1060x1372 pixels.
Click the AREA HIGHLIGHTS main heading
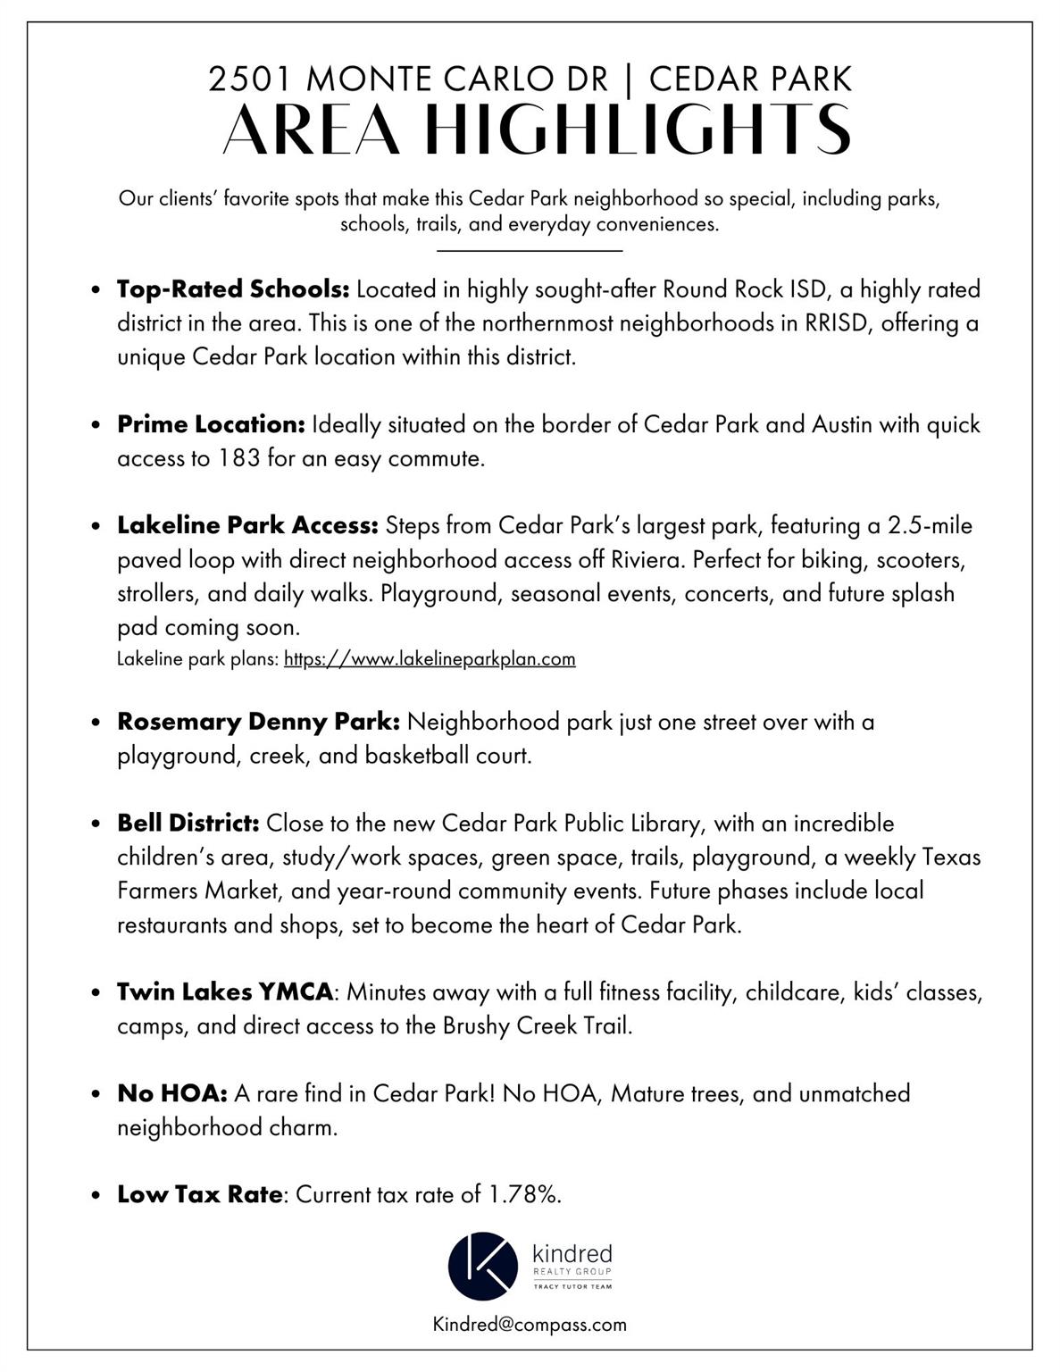[x=536, y=130]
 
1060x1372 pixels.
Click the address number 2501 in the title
[x=252, y=79]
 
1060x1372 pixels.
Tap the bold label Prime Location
[x=212, y=424]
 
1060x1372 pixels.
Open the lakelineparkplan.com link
[x=430, y=659]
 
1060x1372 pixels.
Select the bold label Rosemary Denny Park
[x=258, y=722]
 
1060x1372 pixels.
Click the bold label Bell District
[x=188, y=823]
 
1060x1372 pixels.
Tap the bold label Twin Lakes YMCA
[x=225, y=991]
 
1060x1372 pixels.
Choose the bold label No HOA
[x=172, y=1093]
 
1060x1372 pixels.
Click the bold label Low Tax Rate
[x=200, y=1194]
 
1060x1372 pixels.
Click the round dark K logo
[x=483, y=1266]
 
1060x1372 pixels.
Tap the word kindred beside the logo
[x=572, y=1254]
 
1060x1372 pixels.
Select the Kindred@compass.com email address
[x=530, y=1324]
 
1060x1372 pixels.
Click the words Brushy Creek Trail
[x=536, y=1025]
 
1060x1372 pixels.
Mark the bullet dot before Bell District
[x=96, y=824]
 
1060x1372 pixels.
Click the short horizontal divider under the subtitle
[x=530, y=251]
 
